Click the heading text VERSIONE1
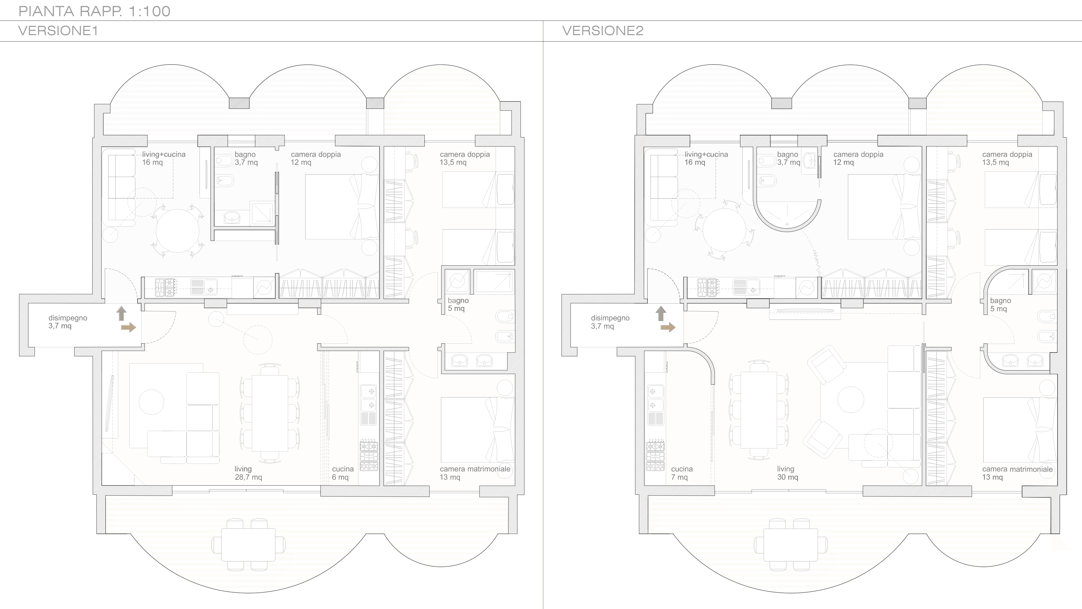(58, 31)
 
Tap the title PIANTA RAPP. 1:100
(94, 11)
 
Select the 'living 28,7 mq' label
(248, 473)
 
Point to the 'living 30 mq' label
(787, 473)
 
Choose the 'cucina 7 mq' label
(682, 473)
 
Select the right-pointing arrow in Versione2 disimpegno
(668, 327)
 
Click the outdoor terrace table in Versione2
(790, 545)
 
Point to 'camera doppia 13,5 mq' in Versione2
(1007, 158)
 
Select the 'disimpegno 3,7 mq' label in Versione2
(610, 322)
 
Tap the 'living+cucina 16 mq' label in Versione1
(163, 158)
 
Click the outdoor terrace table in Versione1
(248, 545)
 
